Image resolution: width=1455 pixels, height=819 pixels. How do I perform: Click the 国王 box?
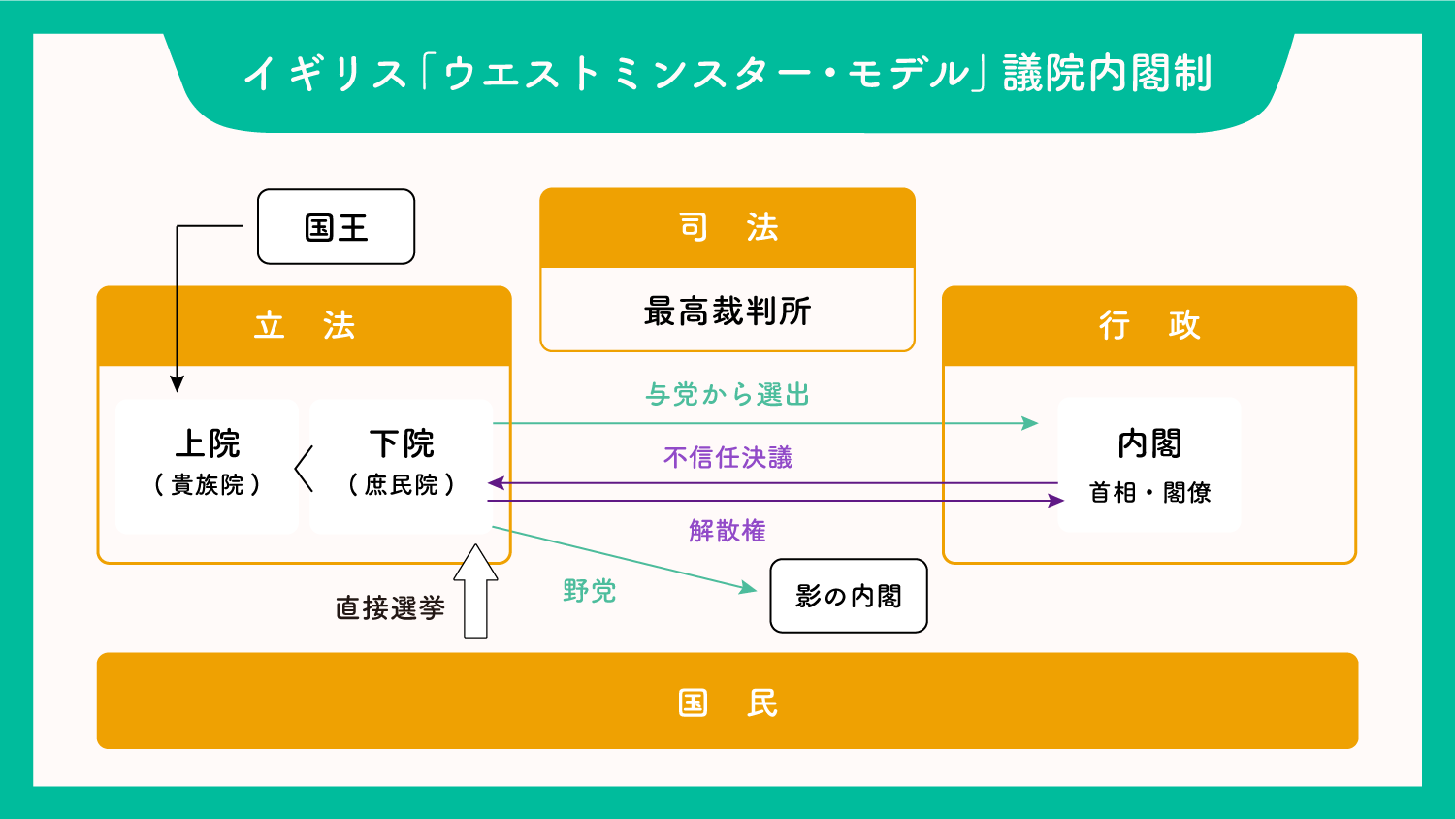pos(336,227)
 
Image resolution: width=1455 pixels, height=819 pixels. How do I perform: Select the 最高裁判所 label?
pos(727,311)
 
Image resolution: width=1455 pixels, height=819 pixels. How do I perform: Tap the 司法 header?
pos(727,228)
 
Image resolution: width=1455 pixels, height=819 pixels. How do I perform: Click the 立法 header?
pos(304,326)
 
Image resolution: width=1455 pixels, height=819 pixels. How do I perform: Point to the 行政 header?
pos(1148,326)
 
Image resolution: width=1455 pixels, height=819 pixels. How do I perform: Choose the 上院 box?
pos(207,465)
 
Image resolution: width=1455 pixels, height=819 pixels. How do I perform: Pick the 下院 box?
pos(401,465)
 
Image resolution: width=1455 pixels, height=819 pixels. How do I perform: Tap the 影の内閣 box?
pos(848,596)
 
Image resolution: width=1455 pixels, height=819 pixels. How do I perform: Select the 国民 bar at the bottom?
pos(727,701)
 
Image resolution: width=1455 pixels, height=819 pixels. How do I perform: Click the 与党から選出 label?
pos(727,395)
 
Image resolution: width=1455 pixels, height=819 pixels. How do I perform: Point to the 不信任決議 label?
pos(727,458)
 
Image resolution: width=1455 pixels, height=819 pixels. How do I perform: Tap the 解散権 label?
pos(727,531)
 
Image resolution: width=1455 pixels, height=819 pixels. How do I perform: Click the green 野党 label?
pos(589,591)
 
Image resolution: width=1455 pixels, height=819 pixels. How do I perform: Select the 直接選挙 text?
pos(390,608)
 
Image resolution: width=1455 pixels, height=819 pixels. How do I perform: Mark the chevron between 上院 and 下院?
pos(304,469)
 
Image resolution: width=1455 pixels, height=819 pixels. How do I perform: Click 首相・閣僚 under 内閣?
pos(1149,493)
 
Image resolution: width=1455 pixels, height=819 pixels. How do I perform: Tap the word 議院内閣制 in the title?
pos(1107,74)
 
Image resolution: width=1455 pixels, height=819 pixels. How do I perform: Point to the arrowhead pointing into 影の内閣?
pos(748,587)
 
